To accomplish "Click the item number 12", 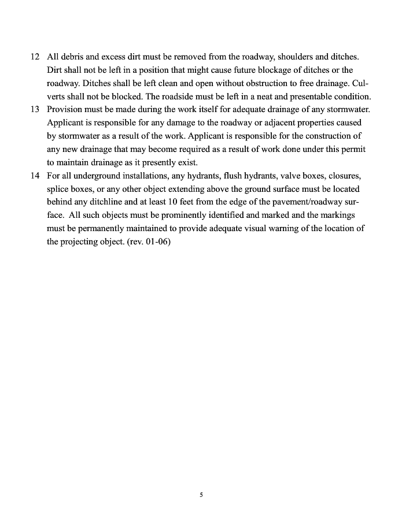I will pos(35,57).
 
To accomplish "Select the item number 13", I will pos(35,110).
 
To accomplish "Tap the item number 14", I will pos(35,176).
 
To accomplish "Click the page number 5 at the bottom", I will pos(201,495).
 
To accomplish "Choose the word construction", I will pos(321,136).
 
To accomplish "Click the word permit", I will pos(352,149).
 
